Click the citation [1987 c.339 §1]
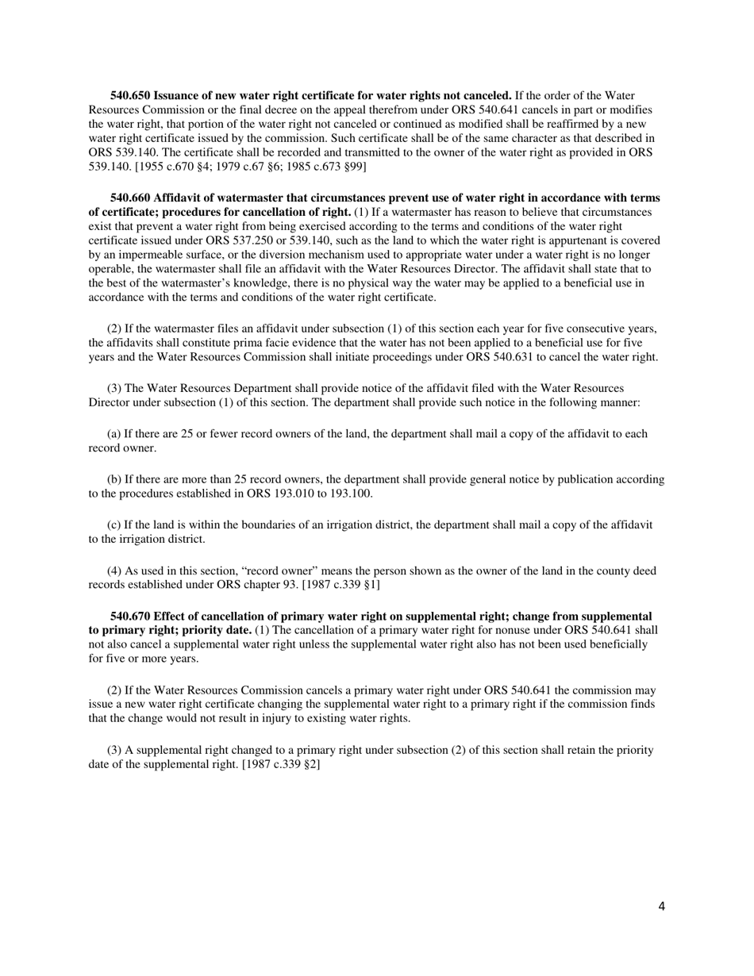[336, 585]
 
